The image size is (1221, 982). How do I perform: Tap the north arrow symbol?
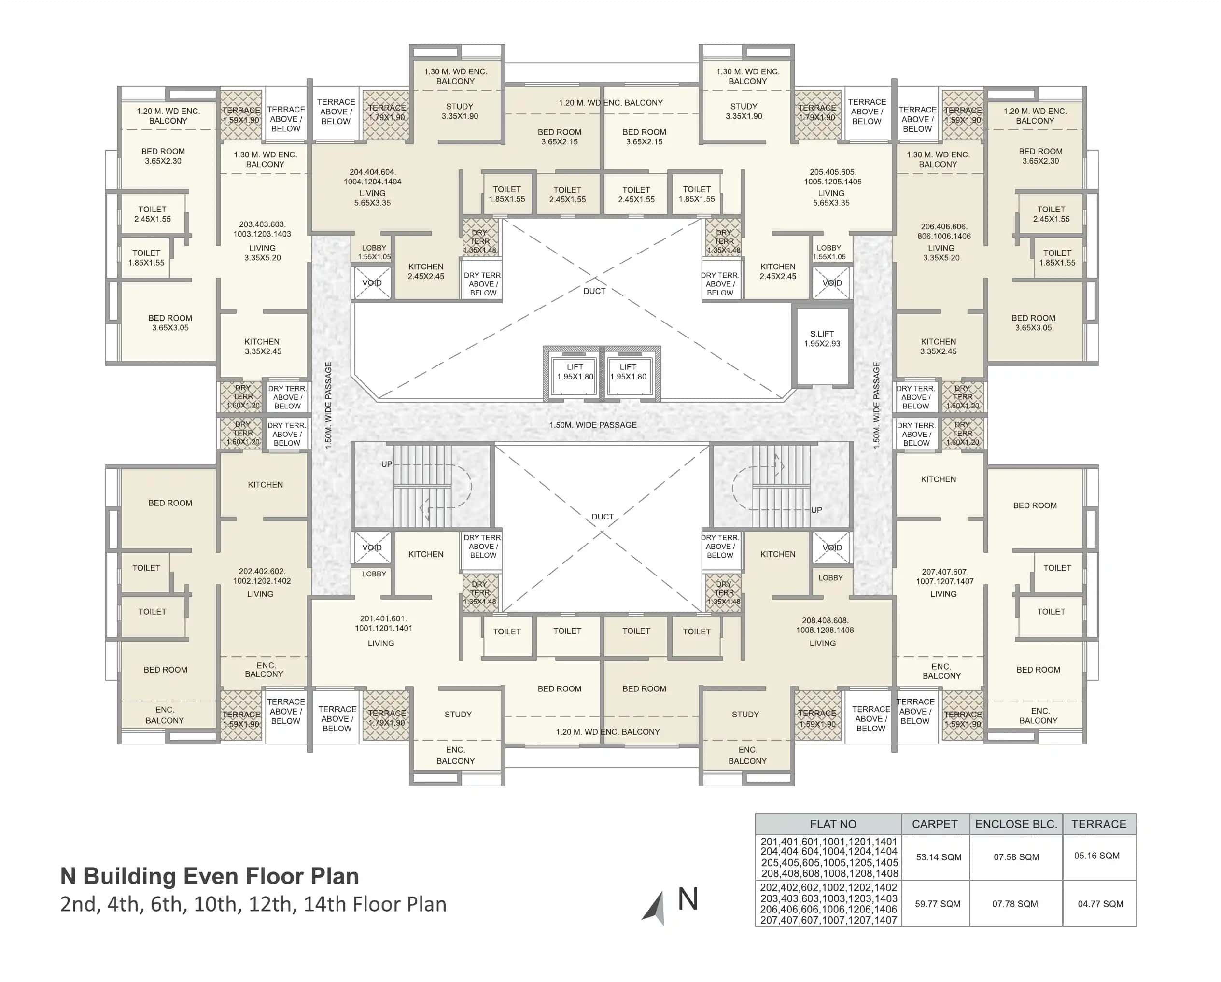click(x=655, y=908)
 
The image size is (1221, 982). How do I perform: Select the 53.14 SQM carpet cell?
click(x=939, y=857)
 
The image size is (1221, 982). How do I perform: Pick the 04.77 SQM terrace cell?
click(x=1100, y=904)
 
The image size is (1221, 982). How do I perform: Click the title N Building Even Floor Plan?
click(x=210, y=876)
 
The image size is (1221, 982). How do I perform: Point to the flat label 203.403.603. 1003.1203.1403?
click(x=262, y=229)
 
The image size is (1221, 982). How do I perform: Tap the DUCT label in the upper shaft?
click(x=594, y=291)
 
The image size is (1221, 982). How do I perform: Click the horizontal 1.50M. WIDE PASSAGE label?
click(x=592, y=425)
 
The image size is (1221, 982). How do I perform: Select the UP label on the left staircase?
click(x=386, y=464)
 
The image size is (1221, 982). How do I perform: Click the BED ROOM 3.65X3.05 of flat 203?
click(x=170, y=323)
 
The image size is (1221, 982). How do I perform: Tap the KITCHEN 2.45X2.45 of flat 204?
click(x=426, y=271)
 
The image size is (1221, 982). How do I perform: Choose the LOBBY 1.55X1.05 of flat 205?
click(x=828, y=252)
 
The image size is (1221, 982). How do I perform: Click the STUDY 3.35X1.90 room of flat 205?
click(x=744, y=111)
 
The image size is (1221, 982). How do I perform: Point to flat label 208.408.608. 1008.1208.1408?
click(x=825, y=625)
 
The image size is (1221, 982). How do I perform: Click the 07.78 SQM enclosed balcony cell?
click(x=1015, y=904)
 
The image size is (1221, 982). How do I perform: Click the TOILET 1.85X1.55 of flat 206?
click(x=1057, y=258)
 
